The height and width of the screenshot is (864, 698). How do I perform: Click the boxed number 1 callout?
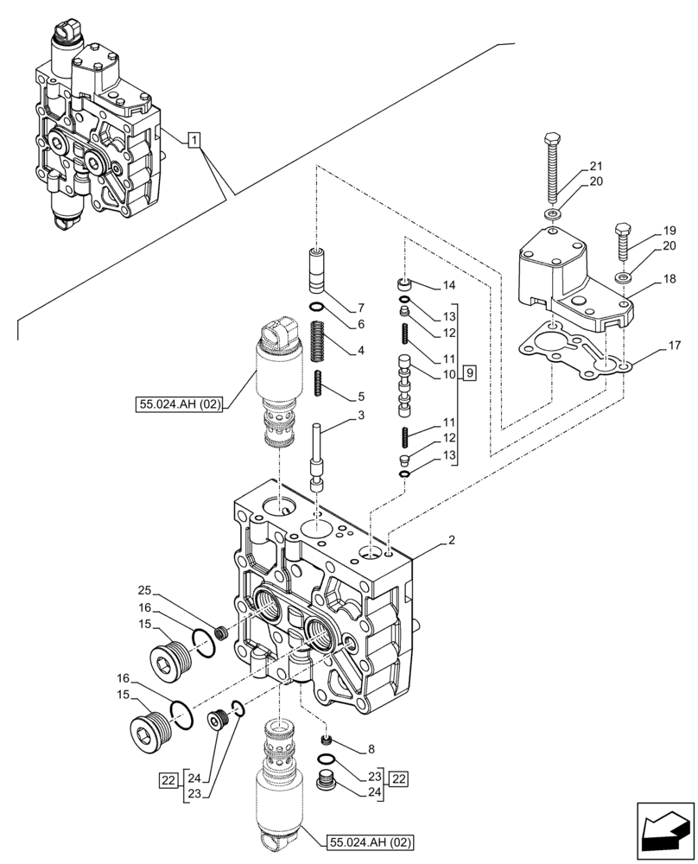point(195,139)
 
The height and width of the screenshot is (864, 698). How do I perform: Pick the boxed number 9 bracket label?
point(468,373)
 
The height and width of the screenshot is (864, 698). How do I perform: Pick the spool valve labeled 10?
point(403,380)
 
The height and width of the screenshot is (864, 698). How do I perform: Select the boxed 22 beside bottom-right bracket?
point(398,778)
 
